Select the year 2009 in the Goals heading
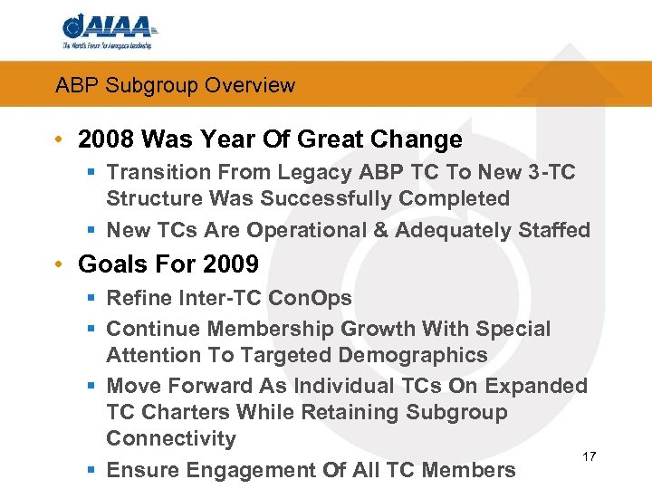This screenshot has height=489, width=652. (232, 265)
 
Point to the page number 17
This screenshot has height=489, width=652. (589, 455)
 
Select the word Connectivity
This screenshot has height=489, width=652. (170, 439)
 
